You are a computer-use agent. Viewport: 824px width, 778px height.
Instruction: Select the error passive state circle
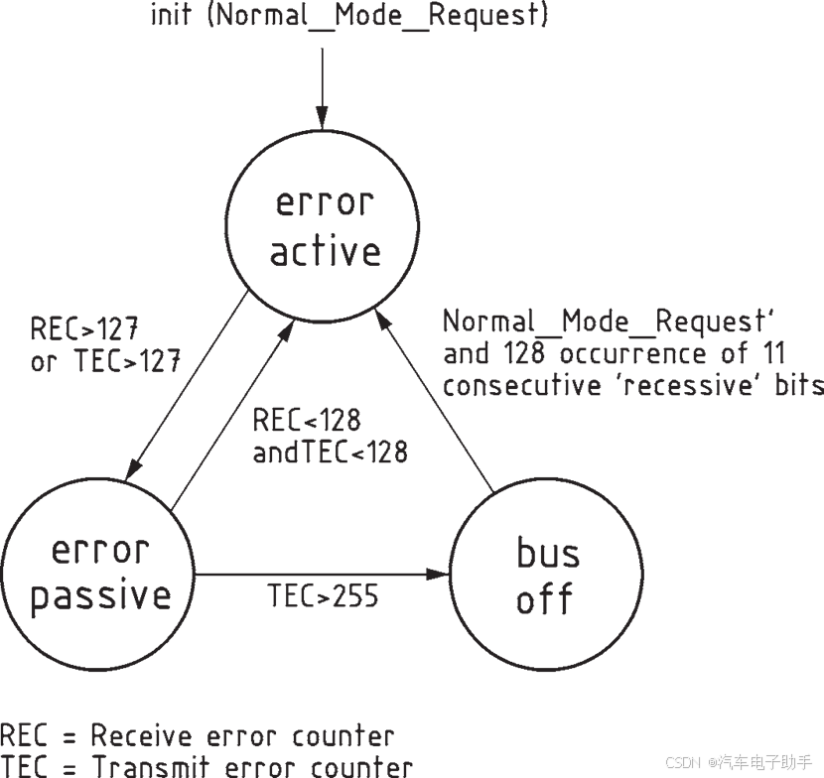point(99,574)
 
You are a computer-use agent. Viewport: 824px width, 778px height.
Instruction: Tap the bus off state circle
point(545,574)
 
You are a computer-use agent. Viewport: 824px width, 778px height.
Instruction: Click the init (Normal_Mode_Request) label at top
point(348,16)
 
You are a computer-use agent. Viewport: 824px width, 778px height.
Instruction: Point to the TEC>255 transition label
point(323,596)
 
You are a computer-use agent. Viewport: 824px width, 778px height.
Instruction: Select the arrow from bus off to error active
point(437,407)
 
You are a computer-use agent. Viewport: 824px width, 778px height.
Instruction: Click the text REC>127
point(83,328)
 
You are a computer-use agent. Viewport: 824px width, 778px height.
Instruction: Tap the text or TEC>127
point(105,361)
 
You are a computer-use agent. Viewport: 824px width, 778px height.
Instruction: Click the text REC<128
point(306,420)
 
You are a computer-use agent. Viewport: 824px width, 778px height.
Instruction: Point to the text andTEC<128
point(330,453)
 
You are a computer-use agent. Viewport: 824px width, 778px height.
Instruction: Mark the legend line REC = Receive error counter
point(197,736)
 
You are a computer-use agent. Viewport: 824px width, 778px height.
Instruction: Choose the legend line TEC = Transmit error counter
point(206,767)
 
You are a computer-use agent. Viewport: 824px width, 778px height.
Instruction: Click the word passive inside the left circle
point(100,596)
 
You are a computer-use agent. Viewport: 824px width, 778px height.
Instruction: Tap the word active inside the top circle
point(326,251)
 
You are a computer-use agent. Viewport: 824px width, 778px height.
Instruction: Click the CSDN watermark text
point(682,762)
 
